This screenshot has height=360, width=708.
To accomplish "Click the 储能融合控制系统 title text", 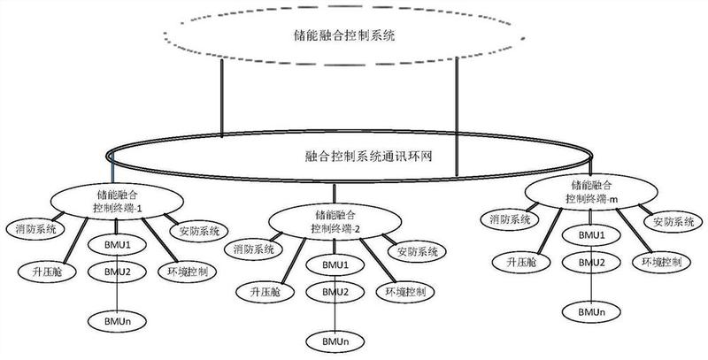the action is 344,35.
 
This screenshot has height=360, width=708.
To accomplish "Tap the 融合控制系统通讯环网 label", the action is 368,157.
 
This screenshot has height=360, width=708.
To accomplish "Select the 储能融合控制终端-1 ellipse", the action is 117,201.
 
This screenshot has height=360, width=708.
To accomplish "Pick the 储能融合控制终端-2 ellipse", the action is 335,221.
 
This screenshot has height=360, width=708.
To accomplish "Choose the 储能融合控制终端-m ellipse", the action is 591,192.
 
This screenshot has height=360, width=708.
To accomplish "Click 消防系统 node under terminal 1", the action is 35,228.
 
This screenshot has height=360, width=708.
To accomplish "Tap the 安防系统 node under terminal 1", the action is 199,232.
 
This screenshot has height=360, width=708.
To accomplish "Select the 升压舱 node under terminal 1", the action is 47,272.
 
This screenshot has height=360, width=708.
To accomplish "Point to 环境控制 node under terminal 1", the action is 188,272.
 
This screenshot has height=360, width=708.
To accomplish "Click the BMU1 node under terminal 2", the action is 335,264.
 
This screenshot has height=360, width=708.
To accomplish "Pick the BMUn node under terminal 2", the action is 335,341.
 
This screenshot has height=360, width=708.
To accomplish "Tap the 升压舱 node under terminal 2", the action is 265,291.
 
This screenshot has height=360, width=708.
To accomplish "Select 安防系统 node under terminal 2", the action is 417,251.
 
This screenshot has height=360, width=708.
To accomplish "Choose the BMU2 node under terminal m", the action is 591,262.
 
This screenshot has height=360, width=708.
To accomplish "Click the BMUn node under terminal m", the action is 591,311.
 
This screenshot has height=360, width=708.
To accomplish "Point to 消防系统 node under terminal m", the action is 511,219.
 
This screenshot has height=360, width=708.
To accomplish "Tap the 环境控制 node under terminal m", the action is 661,262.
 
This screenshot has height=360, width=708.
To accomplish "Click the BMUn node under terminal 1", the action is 117,321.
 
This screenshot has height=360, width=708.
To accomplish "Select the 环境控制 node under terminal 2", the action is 405,291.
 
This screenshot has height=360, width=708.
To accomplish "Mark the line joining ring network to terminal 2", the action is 335,194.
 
